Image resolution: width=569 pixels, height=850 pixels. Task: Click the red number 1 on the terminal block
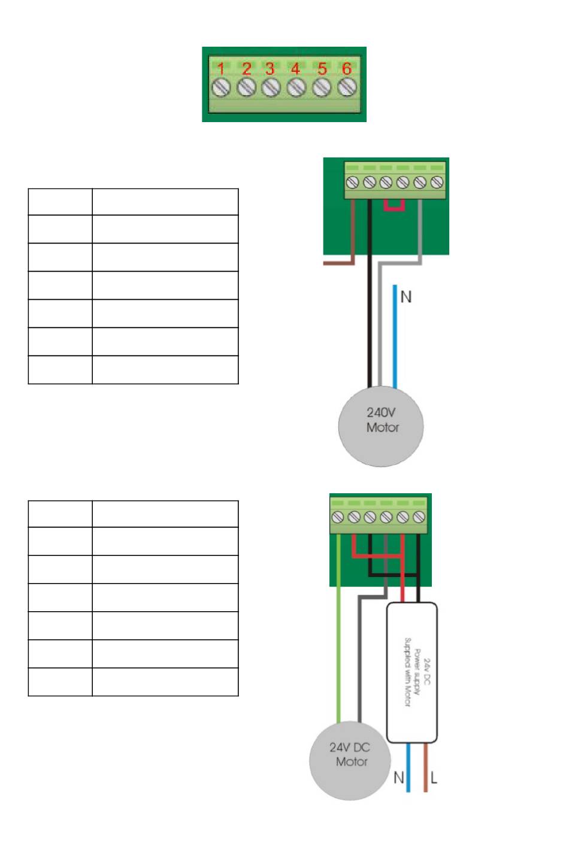tap(221, 69)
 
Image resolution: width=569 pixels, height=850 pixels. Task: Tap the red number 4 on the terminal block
tap(295, 69)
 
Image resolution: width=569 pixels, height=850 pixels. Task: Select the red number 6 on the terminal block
tap(347, 68)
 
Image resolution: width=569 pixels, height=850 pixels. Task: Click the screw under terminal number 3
tap(271, 87)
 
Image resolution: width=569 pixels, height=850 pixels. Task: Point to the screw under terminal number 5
tap(322, 87)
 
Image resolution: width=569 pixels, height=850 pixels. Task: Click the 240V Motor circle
tap(381, 426)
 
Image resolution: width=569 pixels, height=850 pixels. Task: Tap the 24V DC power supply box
tap(412, 672)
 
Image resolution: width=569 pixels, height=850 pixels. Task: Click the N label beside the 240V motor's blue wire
tap(406, 297)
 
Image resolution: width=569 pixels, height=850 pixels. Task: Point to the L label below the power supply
tap(434, 778)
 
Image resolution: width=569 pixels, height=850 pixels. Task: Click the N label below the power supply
tap(398, 778)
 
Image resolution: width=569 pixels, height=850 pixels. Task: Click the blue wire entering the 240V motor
tap(395, 336)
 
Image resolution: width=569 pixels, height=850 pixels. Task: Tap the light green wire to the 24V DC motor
tap(338, 628)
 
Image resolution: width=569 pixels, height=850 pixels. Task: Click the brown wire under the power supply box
tap(425, 767)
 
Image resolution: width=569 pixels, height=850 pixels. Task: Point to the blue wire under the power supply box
tap(408, 767)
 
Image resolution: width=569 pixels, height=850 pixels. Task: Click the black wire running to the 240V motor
tap(370, 293)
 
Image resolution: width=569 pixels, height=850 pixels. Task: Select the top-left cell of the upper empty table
tap(60, 202)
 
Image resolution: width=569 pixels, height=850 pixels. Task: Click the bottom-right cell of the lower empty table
tap(165, 682)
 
